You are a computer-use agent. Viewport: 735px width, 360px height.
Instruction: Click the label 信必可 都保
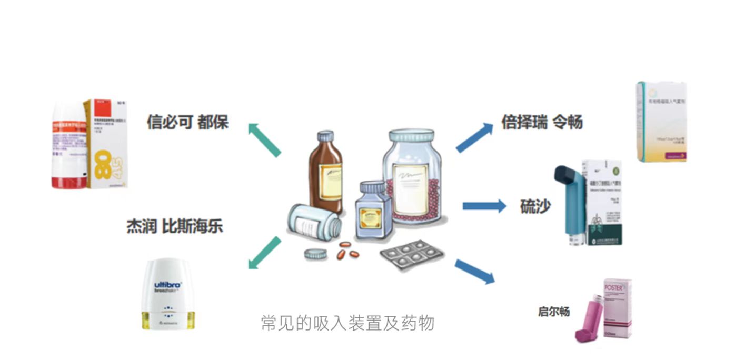(x=187, y=123)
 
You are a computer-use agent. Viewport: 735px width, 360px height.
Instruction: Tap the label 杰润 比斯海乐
(x=174, y=226)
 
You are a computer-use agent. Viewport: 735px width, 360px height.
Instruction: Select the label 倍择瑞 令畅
(x=542, y=122)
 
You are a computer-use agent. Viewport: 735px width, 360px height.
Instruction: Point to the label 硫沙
(x=535, y=206)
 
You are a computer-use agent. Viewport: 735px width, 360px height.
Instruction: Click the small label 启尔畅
(x=554, y=312)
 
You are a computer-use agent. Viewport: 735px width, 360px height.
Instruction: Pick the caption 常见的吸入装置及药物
(x=347, y=322)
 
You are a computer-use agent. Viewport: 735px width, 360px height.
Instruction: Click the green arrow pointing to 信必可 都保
(x=264, y=139)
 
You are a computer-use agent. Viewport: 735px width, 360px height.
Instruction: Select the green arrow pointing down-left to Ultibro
(x=264, y=253)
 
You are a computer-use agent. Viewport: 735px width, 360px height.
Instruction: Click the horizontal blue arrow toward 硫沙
(x=484, y=206)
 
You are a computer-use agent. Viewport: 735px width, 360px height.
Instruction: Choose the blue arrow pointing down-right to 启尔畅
(x=474, y=271)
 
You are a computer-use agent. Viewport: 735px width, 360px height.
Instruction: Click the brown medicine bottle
(x=325, y=173)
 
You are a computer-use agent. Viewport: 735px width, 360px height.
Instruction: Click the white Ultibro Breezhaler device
(x=168, y=295)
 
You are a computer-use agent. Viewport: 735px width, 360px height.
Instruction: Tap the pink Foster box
(x=617, y=307)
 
